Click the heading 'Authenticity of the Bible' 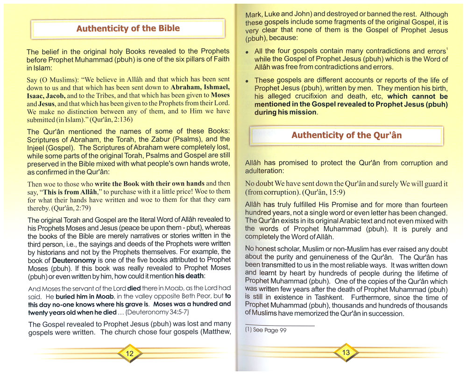click(x=127, y=28)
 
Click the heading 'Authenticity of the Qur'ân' click(x=346, y=135)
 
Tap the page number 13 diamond click(x=346, y=353)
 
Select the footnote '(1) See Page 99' click(x=266, y=330)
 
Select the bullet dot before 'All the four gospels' click(x=247, y=52)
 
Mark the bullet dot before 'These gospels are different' click(x=247, y=81)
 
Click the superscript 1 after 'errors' click(x=447, y=49)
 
